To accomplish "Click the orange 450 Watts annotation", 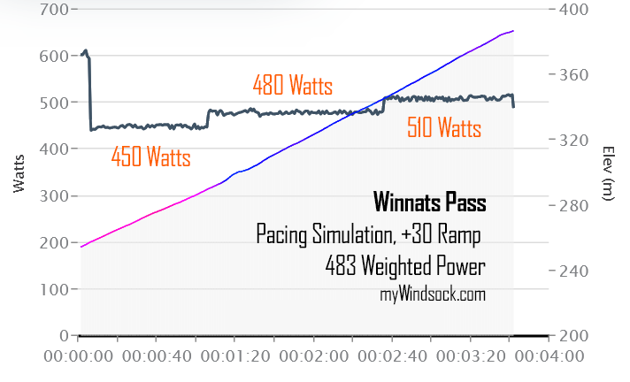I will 150,157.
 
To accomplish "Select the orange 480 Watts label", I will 292,87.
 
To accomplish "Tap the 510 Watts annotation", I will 444,129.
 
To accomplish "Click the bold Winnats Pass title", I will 429,202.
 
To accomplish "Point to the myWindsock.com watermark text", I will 433,294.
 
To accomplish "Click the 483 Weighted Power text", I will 405,265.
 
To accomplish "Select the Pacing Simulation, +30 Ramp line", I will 371,234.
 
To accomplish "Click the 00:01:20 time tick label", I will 235,356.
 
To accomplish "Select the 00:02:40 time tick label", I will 392,356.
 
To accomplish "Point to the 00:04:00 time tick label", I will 549,356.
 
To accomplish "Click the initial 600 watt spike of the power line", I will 85,53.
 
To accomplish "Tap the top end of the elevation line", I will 513,31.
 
